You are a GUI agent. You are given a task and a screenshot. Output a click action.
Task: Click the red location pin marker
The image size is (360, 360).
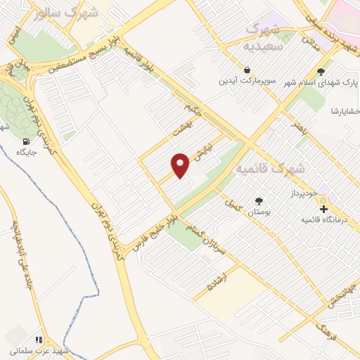point(181,165)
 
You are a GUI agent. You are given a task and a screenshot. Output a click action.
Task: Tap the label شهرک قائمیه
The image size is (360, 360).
point(270,169)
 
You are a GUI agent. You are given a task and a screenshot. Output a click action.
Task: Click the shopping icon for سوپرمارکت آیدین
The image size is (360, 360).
point(247,70)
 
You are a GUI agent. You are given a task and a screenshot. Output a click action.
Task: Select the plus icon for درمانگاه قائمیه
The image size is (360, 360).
point(323,209)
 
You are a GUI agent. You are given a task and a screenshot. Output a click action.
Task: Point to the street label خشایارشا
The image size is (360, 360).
point(345,112)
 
